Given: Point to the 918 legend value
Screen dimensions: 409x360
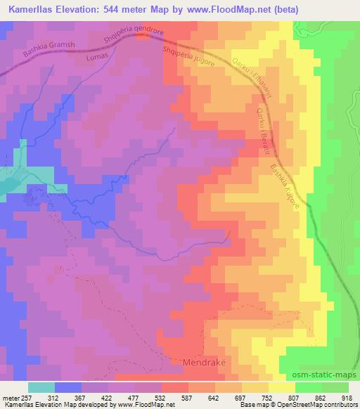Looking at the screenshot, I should click(x=347, y=396).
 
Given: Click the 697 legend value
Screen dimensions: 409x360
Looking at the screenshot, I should click(x=239, y=396).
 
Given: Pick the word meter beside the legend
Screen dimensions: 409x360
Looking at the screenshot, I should click(x=10, y=396).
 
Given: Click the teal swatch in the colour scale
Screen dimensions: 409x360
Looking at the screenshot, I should click(x=41, y=387).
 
